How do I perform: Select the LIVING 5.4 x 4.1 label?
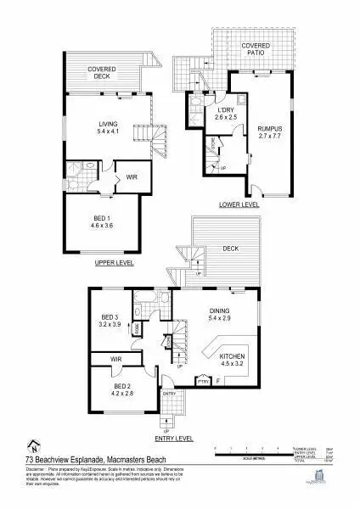(107, 128)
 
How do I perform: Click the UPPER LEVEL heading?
(114, 264)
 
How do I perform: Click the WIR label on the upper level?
(132, 177)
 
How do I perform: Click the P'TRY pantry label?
(203, 383)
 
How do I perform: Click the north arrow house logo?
(33, 445)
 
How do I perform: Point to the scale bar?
(254, 452)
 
